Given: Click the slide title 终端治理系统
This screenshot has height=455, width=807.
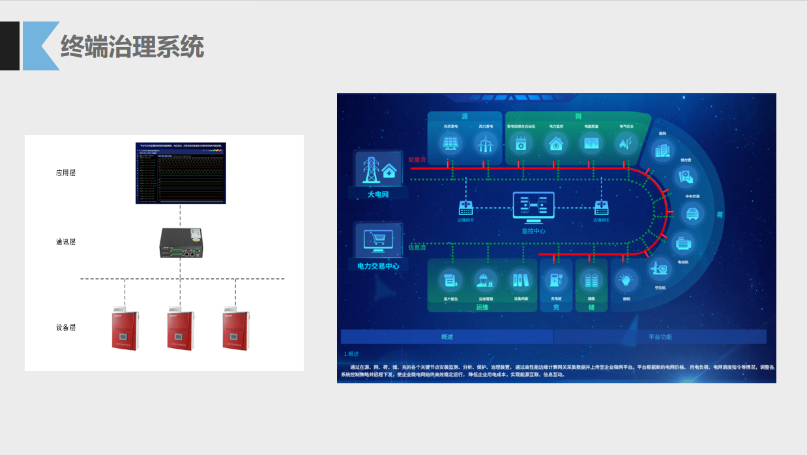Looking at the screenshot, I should click(x=132, y=47).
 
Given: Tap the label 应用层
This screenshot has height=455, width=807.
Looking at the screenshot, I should click(x=66, y=173).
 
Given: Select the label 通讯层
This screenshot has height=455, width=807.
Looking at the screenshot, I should click(x=66, y=242).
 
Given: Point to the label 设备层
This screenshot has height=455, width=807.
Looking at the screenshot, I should click(x=66, y=327).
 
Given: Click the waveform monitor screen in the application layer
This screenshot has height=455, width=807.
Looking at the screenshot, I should click(x=181, y=172).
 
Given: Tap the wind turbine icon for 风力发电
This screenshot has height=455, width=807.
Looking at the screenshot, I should click(x=484, y=143).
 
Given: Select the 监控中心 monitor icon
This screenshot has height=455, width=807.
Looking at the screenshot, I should click(x=534, y=207).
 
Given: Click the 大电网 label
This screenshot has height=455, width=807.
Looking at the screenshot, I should click(x=378, y=194).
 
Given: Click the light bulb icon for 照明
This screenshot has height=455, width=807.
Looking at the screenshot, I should click(x=626, y=280).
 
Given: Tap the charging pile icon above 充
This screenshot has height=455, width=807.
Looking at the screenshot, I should click(x=556, y=280).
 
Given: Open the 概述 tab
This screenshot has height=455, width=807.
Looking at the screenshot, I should click(x=447, y=337).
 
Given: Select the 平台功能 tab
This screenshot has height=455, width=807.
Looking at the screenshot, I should click(x=660, y=337).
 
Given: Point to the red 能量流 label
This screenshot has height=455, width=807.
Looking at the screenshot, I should click(x=417, y=159).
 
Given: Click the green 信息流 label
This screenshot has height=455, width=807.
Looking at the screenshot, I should click(x=417, y=247).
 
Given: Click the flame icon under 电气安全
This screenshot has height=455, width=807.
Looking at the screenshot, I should click(x=626, y=143).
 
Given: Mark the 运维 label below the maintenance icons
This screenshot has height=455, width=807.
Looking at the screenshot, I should click(x=482, y=307).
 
